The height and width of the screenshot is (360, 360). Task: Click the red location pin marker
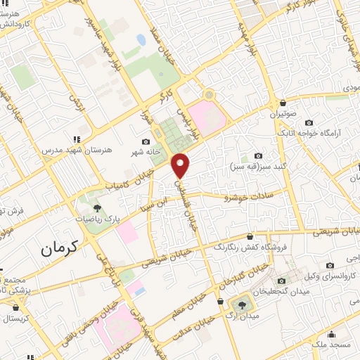[x=181, y=165]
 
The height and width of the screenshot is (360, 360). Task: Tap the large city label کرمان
[x=62, y=247]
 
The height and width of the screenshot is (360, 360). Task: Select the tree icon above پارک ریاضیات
[x=97, y=208]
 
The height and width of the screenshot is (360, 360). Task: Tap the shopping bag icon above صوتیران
[x=283, y=103]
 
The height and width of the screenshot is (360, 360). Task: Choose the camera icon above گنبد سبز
[x=258, y=156]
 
